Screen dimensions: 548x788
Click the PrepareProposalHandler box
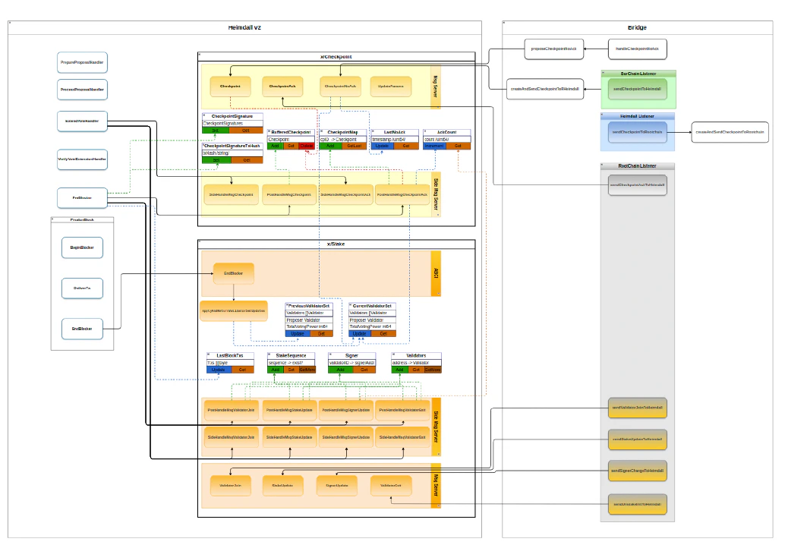point(82,61)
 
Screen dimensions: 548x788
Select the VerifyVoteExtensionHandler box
point(82,159)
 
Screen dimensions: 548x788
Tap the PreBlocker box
point(82,197)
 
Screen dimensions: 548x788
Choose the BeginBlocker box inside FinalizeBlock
point(82,247)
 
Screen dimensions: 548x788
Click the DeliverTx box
point(82,288)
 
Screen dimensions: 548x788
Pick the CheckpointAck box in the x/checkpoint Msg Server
point(282,87)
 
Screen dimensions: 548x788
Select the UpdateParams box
point(391,87)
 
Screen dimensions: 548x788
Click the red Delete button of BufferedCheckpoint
point(306,146)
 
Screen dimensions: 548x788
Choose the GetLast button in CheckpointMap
point(355,146)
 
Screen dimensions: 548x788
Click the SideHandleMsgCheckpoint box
point(232,194)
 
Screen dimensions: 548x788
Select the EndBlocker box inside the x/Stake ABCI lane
point(233,272)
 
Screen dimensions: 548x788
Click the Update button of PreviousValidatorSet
point(298,333)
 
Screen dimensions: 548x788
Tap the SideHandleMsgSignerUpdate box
point(345,437)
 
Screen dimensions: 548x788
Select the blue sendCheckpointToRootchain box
point(637,132)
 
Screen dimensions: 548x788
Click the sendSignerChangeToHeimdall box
point(638,471)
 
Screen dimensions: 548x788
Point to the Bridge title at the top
point(637,27)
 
